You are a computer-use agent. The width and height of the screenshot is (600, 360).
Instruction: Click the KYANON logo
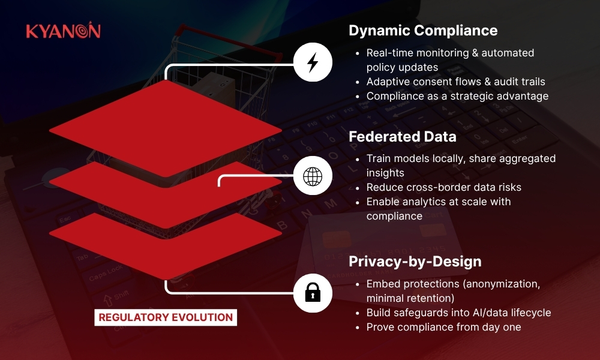64,30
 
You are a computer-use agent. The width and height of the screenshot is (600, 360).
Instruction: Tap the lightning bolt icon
313,62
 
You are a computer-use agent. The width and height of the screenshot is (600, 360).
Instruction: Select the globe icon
313,176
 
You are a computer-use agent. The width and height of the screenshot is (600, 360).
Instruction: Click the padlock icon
313,293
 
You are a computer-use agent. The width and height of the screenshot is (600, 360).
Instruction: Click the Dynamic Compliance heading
423,31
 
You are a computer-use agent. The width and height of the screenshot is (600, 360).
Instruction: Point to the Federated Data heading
402,137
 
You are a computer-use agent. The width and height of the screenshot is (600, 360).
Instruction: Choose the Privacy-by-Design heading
415,262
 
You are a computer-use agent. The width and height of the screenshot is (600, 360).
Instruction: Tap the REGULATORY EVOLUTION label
166,317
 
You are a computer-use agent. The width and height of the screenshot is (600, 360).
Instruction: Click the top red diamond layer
166,128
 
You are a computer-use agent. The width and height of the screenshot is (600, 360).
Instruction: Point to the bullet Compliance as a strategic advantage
457,96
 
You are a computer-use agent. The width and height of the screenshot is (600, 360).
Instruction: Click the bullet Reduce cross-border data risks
444,187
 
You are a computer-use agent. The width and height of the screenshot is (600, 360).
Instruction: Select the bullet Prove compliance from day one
444,327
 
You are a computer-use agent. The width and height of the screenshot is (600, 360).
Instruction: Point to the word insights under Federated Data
385,173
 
